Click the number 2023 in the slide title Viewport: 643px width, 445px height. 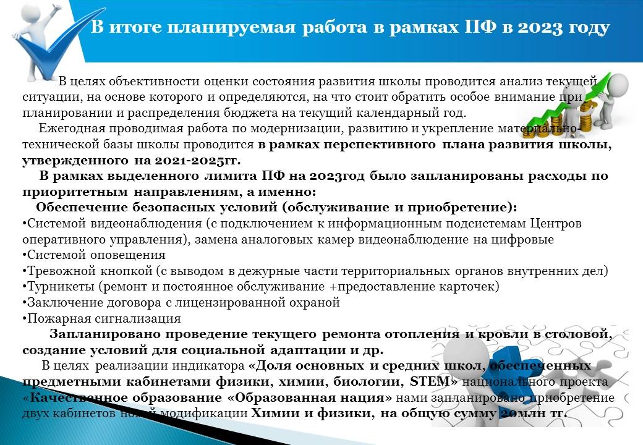(540, 27)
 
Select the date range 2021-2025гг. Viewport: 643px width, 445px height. (197, 160)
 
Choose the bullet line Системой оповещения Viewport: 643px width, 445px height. (94, 255)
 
